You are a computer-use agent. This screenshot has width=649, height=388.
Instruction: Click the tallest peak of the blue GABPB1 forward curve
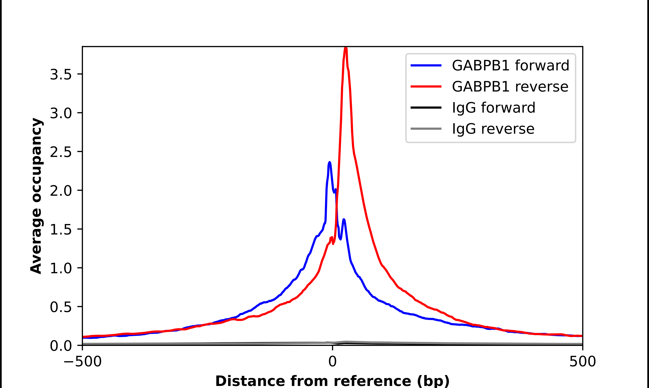[330, 163]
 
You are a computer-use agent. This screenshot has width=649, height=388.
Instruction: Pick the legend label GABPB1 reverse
[510, 87]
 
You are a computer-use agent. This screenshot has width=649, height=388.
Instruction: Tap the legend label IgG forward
[493, 108]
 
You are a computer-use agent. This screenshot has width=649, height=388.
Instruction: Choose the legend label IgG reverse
[493, 129]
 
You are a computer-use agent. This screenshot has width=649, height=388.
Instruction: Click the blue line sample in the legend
[426, 65]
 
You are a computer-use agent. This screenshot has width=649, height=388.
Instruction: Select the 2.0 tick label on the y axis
[61, 191]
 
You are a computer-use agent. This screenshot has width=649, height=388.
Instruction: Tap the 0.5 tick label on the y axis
[61, 307]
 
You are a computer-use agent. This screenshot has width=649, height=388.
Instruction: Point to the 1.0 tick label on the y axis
[61, 268]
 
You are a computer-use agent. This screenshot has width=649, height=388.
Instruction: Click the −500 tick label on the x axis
[83, 362]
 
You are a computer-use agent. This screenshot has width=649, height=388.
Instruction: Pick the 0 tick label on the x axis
[333, 362]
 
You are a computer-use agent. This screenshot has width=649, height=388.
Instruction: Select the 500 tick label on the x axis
[582, 362]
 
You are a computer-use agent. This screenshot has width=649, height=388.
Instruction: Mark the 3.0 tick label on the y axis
[61, 113]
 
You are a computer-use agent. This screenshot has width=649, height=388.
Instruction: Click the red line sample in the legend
[426, 87]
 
